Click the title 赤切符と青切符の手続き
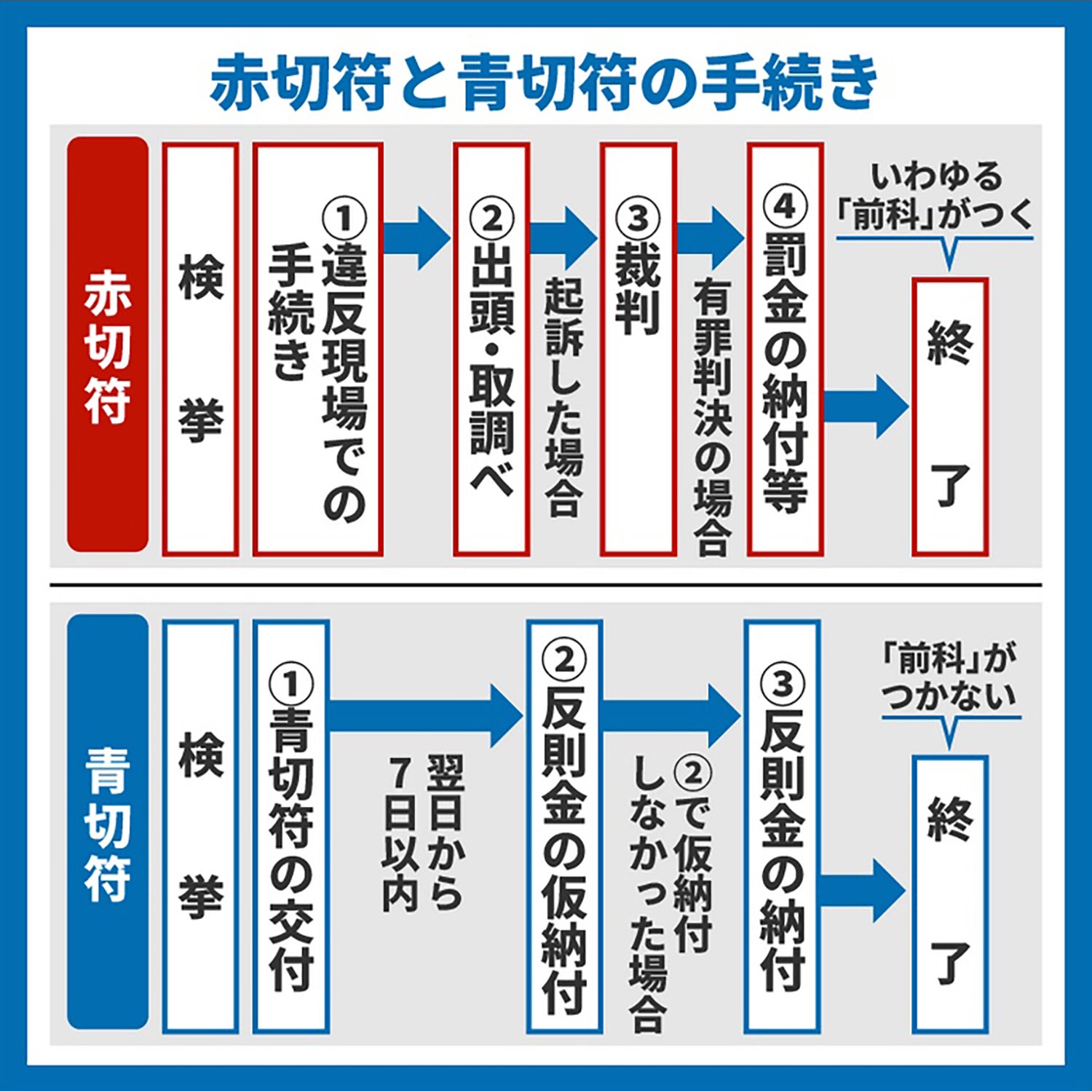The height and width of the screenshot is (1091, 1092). [x=545, y=82]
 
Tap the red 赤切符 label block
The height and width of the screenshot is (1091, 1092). [x=108, y=344]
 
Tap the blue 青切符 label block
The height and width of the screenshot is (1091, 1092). [x=108, y=822]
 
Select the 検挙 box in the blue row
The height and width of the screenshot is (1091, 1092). [x=201, y=826]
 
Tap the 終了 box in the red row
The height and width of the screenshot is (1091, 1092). [x=949, y=417]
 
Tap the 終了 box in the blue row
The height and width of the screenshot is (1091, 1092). [x=949, y=894]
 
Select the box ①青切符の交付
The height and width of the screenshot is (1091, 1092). [x=291, y=826]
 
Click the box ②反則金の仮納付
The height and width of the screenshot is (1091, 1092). [x=565, y=826]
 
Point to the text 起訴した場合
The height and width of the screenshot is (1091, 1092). [x=564, y=397]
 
